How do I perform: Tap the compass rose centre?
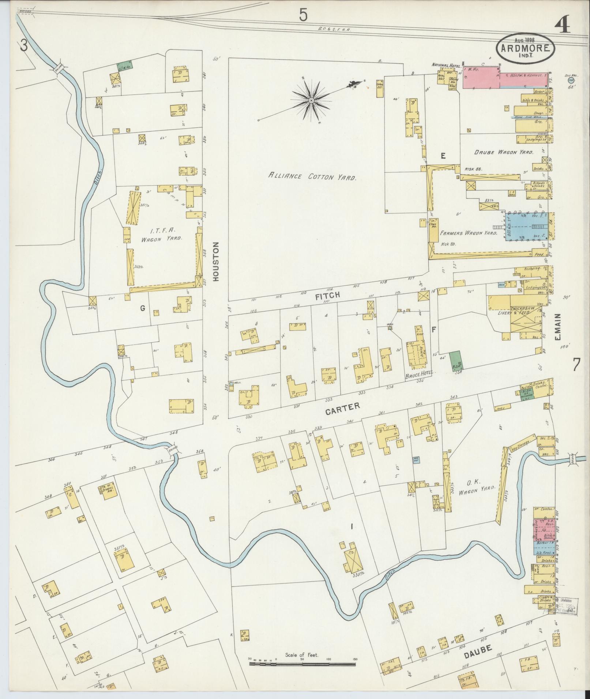coord(311,100)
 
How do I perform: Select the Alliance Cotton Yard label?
coord(312,177)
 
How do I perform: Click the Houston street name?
coord(216,262)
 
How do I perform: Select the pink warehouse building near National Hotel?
coord(481,77)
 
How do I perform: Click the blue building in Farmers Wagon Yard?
coord(527,227)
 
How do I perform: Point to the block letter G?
coord(142,308)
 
